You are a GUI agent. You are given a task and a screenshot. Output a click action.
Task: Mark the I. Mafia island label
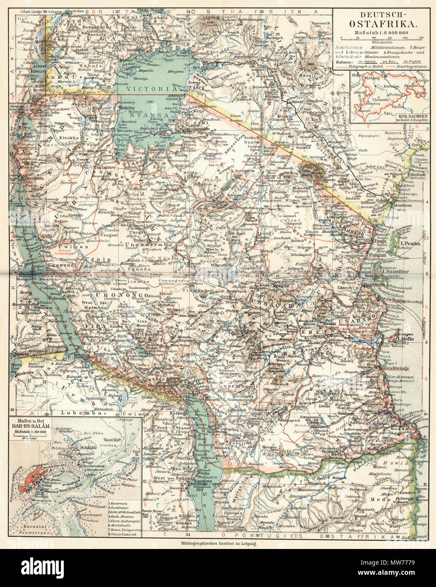407,338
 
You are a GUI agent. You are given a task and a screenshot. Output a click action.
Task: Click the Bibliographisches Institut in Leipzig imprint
218,544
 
